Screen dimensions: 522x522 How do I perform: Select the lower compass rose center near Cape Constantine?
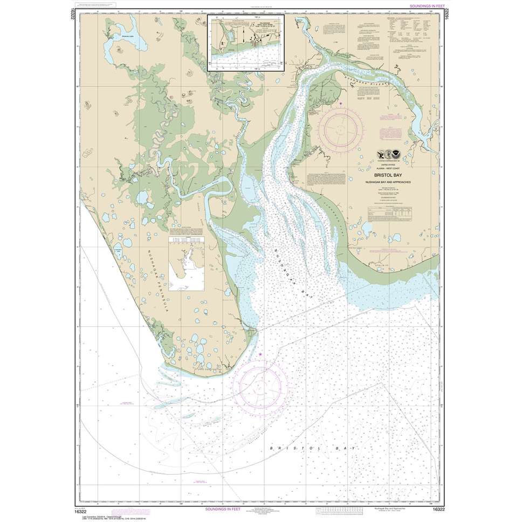[260, 384]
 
